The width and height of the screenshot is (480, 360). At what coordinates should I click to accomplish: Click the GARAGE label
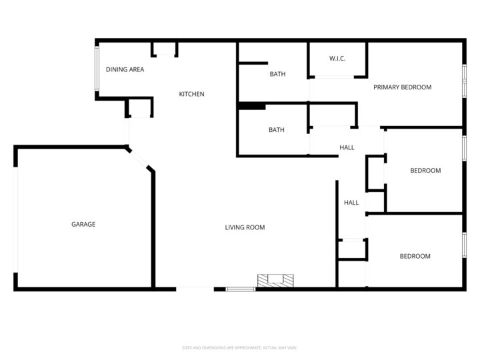point(83,225)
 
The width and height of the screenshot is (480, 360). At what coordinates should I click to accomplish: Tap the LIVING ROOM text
point(245,228)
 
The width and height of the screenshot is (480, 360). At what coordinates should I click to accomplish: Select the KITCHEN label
point(191,95)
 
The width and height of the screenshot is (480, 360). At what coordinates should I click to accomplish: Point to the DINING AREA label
point(125,69)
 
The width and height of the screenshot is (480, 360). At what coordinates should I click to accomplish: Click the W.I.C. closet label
point(337,59)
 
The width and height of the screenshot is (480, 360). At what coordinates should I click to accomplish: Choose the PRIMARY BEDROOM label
point(402,87)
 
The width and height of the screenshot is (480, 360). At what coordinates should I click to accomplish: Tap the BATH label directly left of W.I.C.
point(277,74)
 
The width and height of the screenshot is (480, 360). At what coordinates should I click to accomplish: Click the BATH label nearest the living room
point(276,130)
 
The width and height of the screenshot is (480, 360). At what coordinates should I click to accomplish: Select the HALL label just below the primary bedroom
point(347,148)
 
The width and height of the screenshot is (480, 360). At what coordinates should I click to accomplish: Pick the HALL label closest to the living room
point(351,203)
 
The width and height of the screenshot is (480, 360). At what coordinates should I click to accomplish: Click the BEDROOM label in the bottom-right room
point(415,257)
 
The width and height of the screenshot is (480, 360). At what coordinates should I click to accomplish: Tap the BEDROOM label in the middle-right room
point(425,171)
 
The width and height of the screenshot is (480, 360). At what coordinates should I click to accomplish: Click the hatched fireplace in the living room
point(275,281)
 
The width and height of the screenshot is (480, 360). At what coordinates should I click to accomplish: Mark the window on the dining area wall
point(97,69)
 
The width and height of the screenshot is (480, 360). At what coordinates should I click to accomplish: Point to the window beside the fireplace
point(241,289)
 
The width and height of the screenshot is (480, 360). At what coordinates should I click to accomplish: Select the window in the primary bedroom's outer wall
point(464,81)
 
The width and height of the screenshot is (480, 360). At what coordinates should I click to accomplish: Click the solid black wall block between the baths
point(252,105)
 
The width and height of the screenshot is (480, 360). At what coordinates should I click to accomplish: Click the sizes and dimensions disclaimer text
point(240,348)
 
